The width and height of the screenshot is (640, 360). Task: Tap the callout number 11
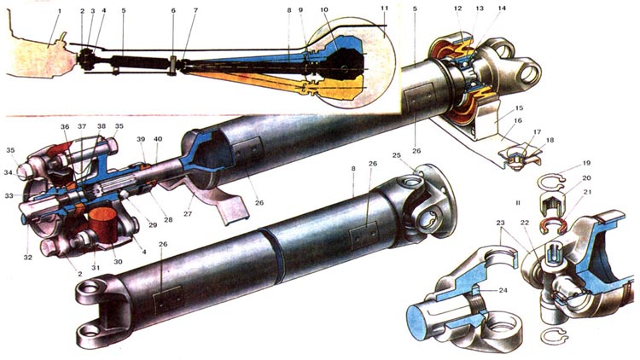[x=384, y=9]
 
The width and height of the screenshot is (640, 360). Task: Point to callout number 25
[x=419, y=157]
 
